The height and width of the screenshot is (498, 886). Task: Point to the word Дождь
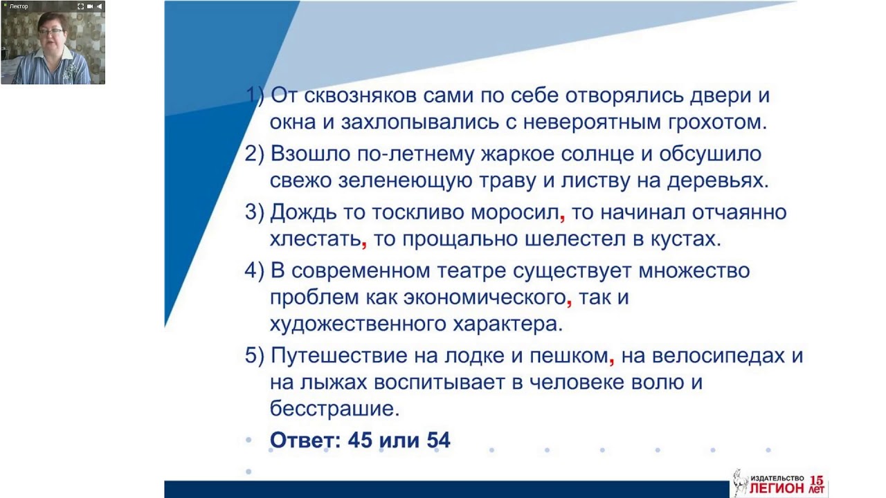pyautogui.click(x=302, y=212)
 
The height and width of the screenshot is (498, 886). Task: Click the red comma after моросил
pyautogui.click(x=563, y=217)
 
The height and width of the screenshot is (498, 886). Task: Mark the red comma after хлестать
pyautogui.click(x=364, y=244)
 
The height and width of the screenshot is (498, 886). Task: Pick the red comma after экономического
pyautogui.click(x=569, y=303)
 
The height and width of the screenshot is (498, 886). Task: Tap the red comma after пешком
pyautogui.click(x=611, y=362)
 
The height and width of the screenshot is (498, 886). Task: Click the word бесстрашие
pyautogui.click(x=334, y=409)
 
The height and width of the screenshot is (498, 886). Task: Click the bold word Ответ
pyautogui.click(x=303, y=440)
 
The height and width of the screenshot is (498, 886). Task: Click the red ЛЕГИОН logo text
pyautogui.click(x=777, y=488)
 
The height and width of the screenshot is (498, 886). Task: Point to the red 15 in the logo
pyautogui.click(x=817, y=479)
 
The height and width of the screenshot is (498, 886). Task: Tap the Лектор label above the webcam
pyautogui.click(x=19, y=6)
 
